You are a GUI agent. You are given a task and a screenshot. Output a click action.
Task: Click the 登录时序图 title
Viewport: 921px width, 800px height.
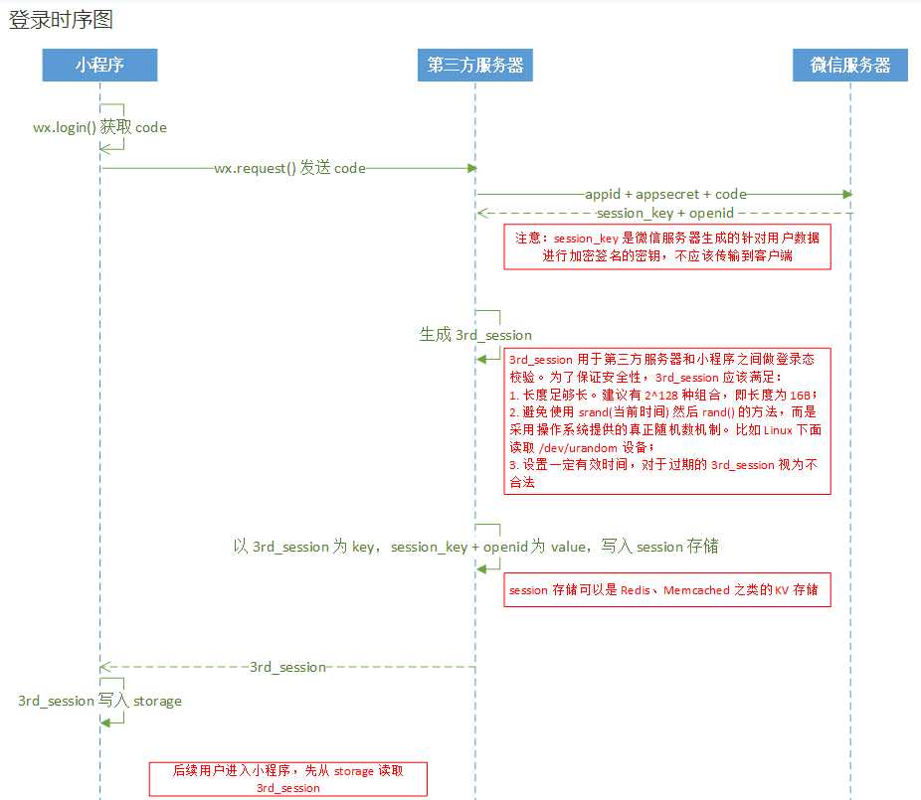[x=62, y=21]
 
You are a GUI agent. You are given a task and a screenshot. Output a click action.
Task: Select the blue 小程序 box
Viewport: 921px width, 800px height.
[x=99, y=66]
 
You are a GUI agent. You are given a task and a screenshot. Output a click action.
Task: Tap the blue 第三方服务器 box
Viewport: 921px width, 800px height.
[x=474, y=66]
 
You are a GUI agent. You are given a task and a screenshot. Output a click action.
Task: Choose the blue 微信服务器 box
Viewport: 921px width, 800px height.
[x=850, y=66]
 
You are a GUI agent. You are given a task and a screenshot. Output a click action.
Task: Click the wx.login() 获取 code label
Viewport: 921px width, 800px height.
[x=99, y=127]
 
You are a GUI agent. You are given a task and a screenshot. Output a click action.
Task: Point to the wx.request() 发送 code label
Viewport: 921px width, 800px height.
[x=289, y=169]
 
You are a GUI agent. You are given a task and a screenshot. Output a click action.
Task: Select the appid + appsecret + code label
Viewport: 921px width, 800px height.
[x=665, y=195]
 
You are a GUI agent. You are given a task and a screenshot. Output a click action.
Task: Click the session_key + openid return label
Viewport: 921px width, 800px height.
[x=664, y=213]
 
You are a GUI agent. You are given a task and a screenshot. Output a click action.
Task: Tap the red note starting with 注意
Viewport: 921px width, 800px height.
[x=666, y=246]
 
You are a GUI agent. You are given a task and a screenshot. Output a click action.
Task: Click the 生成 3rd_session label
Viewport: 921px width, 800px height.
[x=475, y=335]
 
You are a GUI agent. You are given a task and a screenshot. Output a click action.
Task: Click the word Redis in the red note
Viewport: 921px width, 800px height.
[x=635, y=590]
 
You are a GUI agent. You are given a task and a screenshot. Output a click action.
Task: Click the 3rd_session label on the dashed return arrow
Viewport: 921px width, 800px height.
[x=287, y=667]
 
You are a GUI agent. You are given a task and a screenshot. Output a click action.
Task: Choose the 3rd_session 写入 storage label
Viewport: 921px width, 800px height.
[x=99, y=701]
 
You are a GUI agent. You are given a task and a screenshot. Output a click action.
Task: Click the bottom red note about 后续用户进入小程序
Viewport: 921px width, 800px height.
[x=287, y=779]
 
